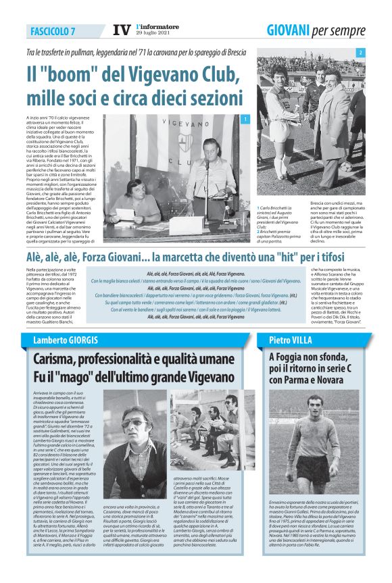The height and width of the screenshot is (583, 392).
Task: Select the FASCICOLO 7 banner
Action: point(53,31)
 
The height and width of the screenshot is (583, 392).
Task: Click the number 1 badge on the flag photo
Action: point(246,120)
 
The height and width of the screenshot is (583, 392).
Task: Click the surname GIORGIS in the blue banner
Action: point(76,339)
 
